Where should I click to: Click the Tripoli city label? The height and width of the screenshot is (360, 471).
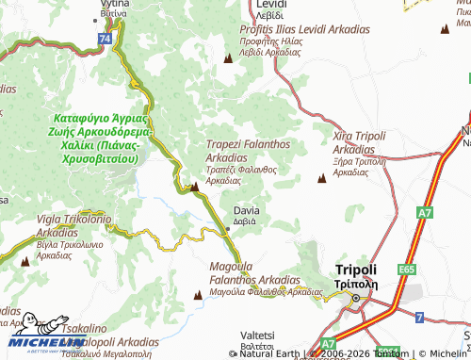(355, 269)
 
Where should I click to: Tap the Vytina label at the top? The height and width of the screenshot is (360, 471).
(114, 5)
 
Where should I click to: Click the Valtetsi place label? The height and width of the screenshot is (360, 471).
(258, 335)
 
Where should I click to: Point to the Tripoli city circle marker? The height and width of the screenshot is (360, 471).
(356, 301)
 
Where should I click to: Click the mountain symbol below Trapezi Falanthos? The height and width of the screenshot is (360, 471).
(194, 187)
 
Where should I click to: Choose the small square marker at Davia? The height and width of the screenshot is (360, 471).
(227, 228)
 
